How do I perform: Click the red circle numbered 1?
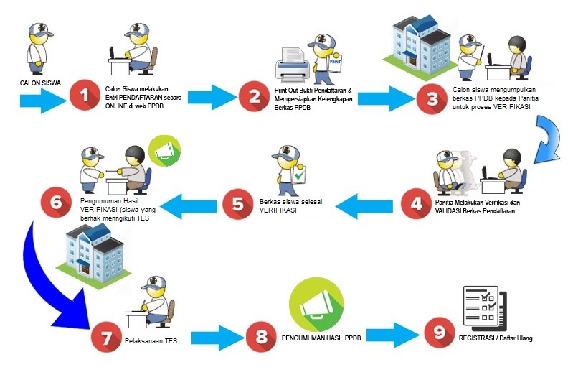[85, 96]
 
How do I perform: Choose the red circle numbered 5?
[237, 204]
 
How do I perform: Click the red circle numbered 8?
[260, 337]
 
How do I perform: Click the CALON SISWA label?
[40, 83]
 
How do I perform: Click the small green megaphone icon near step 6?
[164, 152]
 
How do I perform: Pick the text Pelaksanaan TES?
[150, 340]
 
